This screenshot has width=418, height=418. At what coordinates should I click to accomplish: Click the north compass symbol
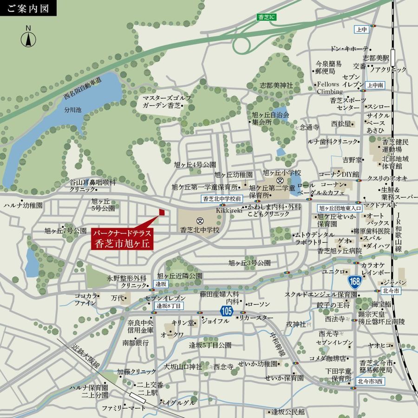(x=28, y=38)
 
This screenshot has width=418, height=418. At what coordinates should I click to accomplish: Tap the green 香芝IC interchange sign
(x=266, y=17)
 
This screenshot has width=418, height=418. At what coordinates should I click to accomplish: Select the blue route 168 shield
(x=355, y=281)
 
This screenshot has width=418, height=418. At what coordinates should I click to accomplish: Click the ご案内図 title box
(x=28, y=8)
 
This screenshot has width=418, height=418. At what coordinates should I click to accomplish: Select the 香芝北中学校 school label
(x=200, y=230)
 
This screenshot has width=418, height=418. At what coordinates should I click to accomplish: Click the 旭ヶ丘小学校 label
(x=282, y=172)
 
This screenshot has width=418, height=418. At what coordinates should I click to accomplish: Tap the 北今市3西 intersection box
(x=371, y=381)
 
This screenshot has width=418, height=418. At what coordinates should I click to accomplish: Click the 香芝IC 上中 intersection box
(x=361, y=29)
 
